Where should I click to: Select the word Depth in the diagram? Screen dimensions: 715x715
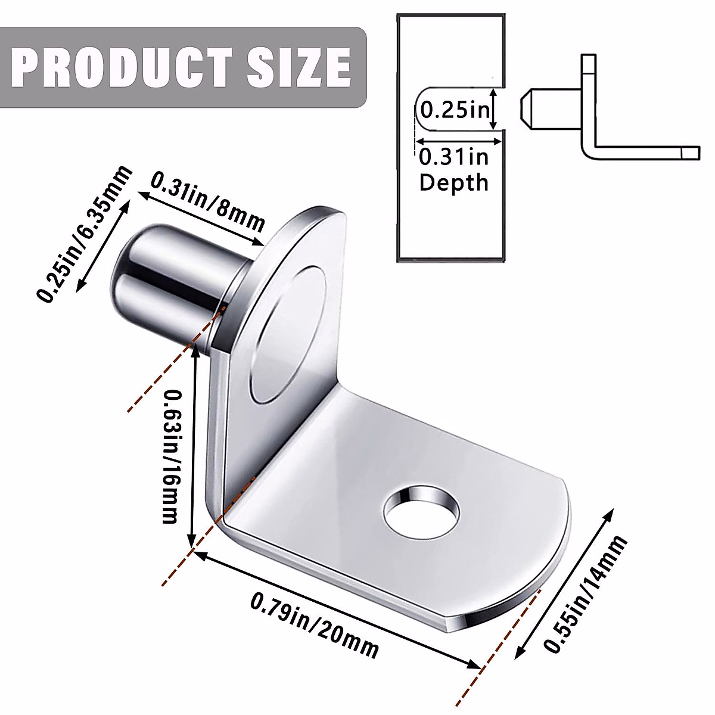click(x=453, y=182)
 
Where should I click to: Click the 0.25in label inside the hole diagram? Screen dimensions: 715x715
click(x=455, y=110)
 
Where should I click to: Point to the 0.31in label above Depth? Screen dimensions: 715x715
click(x=453, y=157)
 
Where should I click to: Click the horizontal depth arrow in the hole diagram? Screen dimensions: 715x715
click(x=458, y=141)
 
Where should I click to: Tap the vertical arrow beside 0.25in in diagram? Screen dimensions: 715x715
click(x=494, y=109)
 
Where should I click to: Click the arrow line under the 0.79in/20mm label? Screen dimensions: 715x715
click(x=337, y=610)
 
